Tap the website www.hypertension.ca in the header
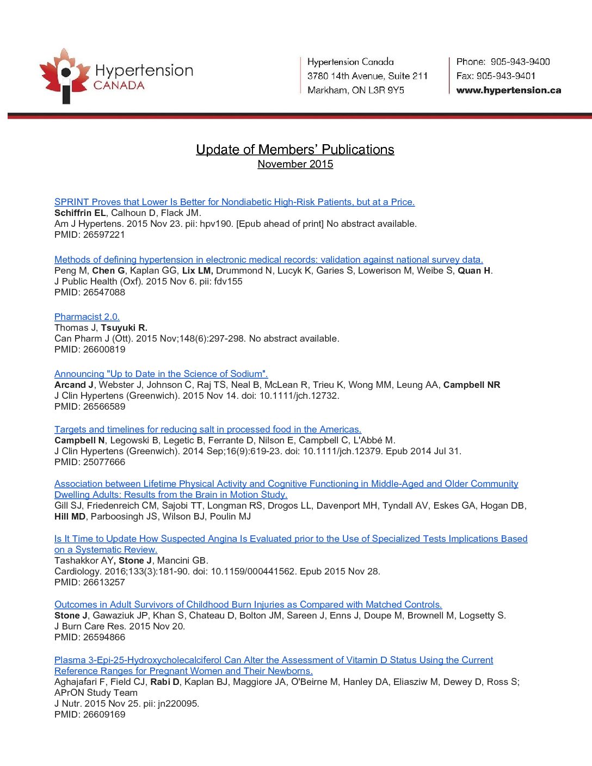coord(508,90)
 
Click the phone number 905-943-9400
coord(520,62)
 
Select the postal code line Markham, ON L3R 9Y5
coord(355,90)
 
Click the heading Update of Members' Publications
coord(295,150)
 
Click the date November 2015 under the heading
coord(295,164)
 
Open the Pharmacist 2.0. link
coord(87,317)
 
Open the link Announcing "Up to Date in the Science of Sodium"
coord(161,374)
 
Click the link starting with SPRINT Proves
coord(234,202)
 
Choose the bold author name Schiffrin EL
coord(80,213)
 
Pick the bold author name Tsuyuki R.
coord(124,328)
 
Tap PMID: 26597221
coord(90,234)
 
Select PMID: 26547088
coord(90,292)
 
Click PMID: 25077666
coord(90,462)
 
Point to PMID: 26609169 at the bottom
coord(90,714)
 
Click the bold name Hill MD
coord(70,516)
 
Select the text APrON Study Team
coord(96,693)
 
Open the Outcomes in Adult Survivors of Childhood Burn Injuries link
coord(248,604)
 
